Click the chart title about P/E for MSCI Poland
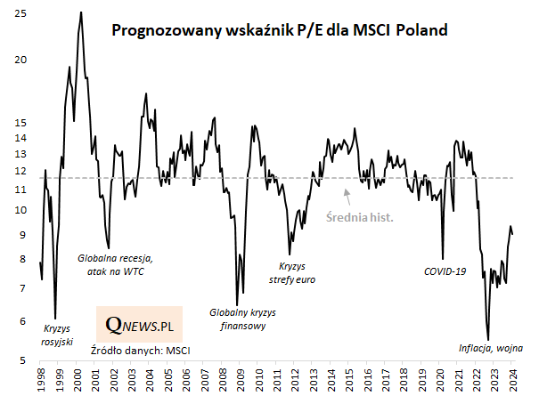pos(279,31)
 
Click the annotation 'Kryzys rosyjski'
pos(57,335)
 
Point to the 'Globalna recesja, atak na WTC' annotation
pos(116,265)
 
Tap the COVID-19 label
pos(445,271)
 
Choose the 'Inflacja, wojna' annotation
pos(490,348)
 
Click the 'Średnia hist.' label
pos(359,216)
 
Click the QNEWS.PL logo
pos(139,327)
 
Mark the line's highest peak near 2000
pos(81,12)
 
